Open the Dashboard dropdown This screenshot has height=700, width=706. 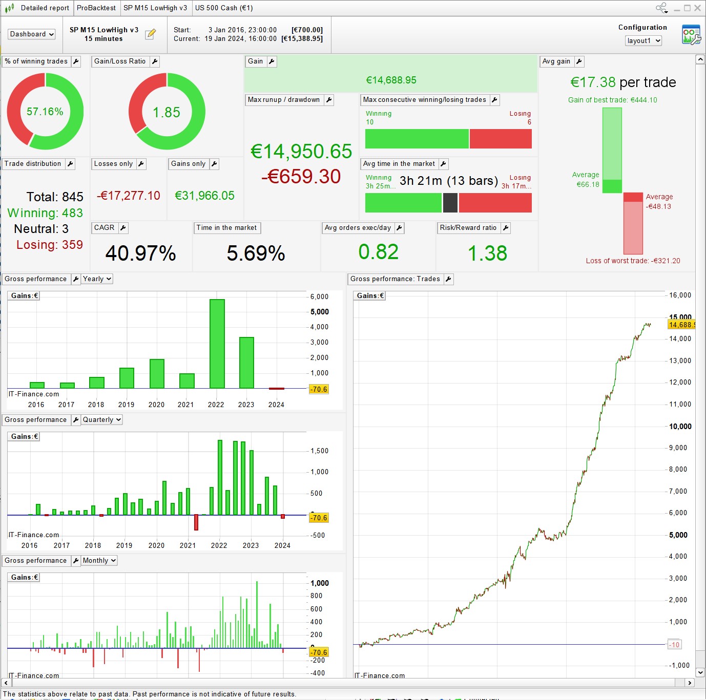tap(32, 34)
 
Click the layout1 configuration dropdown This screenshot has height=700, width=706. tap(643, 41)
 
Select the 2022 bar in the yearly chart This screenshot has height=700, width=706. tap(217, 344)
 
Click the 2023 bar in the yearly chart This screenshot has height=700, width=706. tap(246, 363)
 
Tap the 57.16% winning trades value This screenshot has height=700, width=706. tap(45, 112)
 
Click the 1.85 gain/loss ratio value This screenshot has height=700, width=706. tap(167, 112)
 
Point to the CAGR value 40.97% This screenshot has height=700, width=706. tap(140, 253)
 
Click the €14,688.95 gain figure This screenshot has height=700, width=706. tap(391, 80)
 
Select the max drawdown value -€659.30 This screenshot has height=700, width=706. tap(301, 177)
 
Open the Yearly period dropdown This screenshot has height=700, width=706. tap(97, 279)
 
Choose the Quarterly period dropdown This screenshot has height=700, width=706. tap(102, 420)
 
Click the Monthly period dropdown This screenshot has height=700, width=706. tap(99, 561)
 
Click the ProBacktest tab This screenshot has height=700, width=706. tap(96, 8)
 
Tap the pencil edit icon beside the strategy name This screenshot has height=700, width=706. tap(150, 34)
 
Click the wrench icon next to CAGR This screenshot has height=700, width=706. tap(123, 228)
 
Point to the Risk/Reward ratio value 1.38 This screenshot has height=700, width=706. tap(487, 253)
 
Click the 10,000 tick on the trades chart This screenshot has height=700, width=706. tap(680, 427)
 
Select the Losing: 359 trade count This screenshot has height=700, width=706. tap(49, 245)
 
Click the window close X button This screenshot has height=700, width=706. tap(697, 8)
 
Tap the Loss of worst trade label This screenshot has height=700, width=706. tap(633, 261)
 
